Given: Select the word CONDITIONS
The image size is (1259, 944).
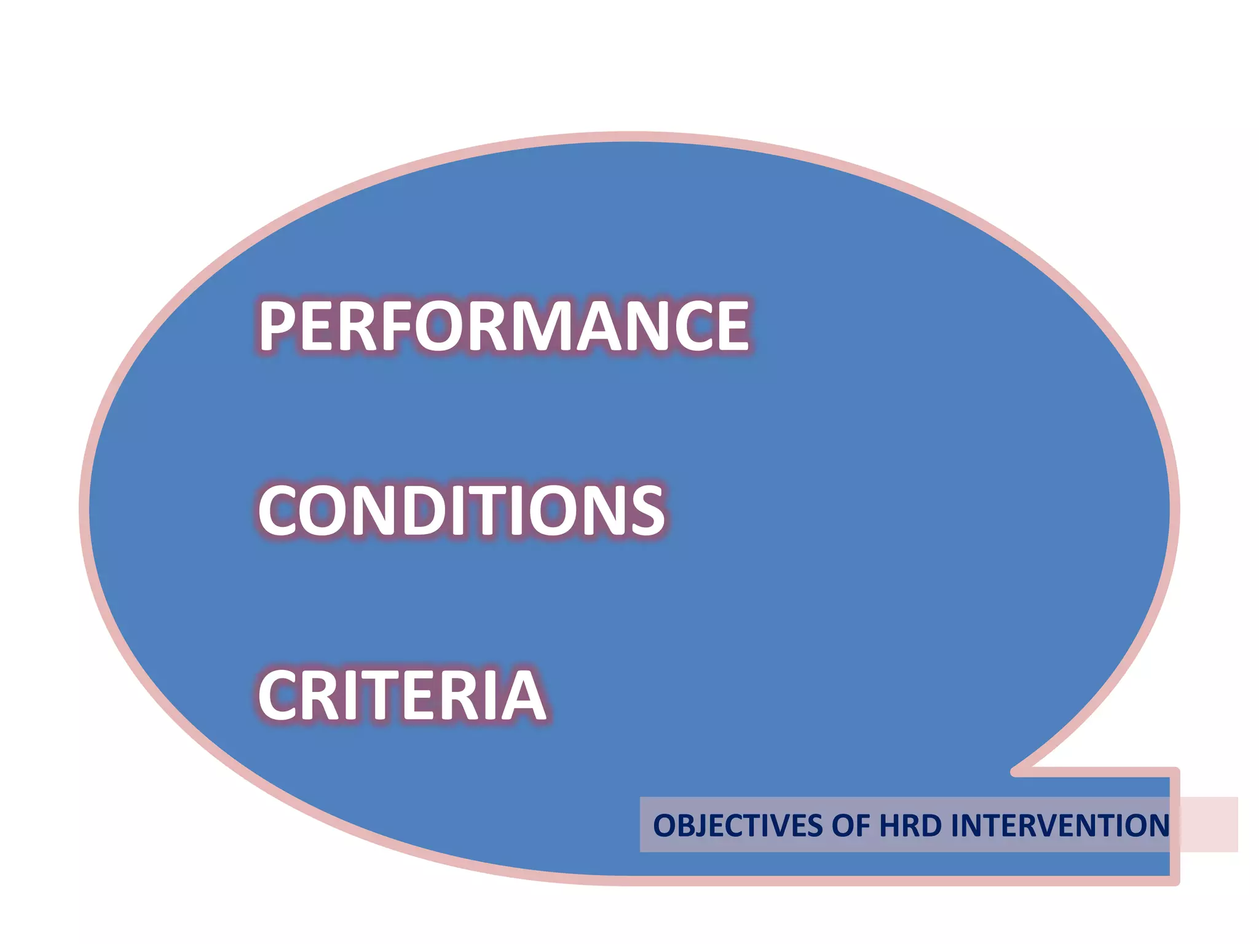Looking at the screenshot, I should point(461,509).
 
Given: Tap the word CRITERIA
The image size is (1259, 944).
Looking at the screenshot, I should point(402,694).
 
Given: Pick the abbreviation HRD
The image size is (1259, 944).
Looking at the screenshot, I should point(910,825).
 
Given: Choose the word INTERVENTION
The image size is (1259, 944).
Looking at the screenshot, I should point(1059,825).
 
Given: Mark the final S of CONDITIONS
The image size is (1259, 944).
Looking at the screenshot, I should point(644,509).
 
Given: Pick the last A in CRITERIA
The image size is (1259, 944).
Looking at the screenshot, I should point(524,694).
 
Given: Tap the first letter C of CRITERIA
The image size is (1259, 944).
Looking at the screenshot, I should point(280,694).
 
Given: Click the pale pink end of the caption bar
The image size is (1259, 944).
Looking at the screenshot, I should point(1209,824).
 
